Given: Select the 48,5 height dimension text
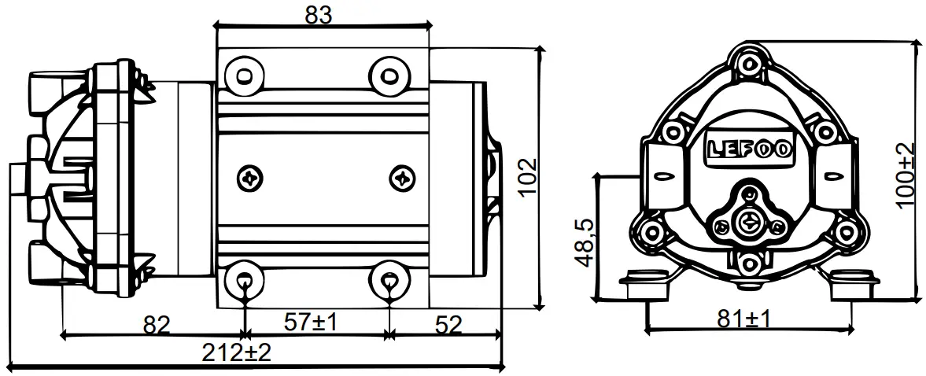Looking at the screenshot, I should click(x=585, y=241).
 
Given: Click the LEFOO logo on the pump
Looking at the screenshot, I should click(x=748, y=149).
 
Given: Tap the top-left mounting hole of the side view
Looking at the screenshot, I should click(x=242, y=75).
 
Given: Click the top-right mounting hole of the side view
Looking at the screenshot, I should click(x=389, y=75).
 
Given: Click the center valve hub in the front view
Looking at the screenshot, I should click(x=748, y=221).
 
